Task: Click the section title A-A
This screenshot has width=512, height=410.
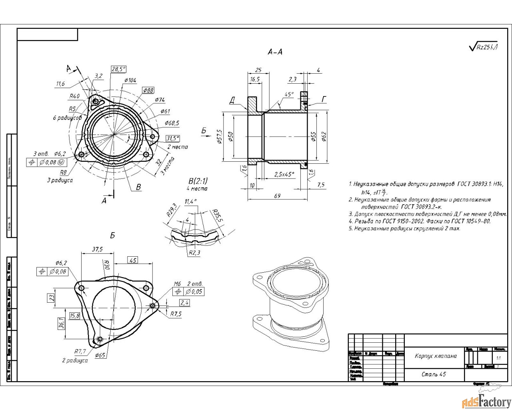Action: pyautogui.click(x=275, y=52)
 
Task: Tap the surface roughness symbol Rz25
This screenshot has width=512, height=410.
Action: pyautogui.click(x=484, y=47)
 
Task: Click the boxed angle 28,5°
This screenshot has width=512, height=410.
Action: pyautogui.click(x=118, y=69)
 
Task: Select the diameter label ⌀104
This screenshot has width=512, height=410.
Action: pyautogui.click(x=130, y=80)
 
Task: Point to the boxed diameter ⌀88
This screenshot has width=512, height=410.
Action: pyautogui.click(x=148, y=90)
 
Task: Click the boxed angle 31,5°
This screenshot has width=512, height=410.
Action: pyautogui.click(x=173, y=138)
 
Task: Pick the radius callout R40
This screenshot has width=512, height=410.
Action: pyautogui.click(x=74, y=96)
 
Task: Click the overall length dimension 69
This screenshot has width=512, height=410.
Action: pyautogui.click(x=277, y=196)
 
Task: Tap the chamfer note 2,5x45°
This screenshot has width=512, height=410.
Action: pyautogui.click(x=284, y=174)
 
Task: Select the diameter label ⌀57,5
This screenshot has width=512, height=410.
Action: pyautogui.click(x=219, y=137)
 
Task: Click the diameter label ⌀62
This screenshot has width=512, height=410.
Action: pyautogui.click(x=324, y=136)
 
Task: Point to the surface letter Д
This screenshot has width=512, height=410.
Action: pyautogui.click(x=232, y=100)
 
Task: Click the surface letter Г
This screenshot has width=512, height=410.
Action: pyautogui.click(x=324, y=99)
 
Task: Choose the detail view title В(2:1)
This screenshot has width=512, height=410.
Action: pyautogui.click(x=198, y=181)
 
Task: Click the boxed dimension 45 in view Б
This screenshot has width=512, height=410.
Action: pyautogui.click(x=133, y=260)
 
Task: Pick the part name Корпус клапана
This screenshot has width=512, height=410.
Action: pyautogui.click(x=436, y=356)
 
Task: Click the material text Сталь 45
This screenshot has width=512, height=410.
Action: pyautogui.click(x=434, y=374)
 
